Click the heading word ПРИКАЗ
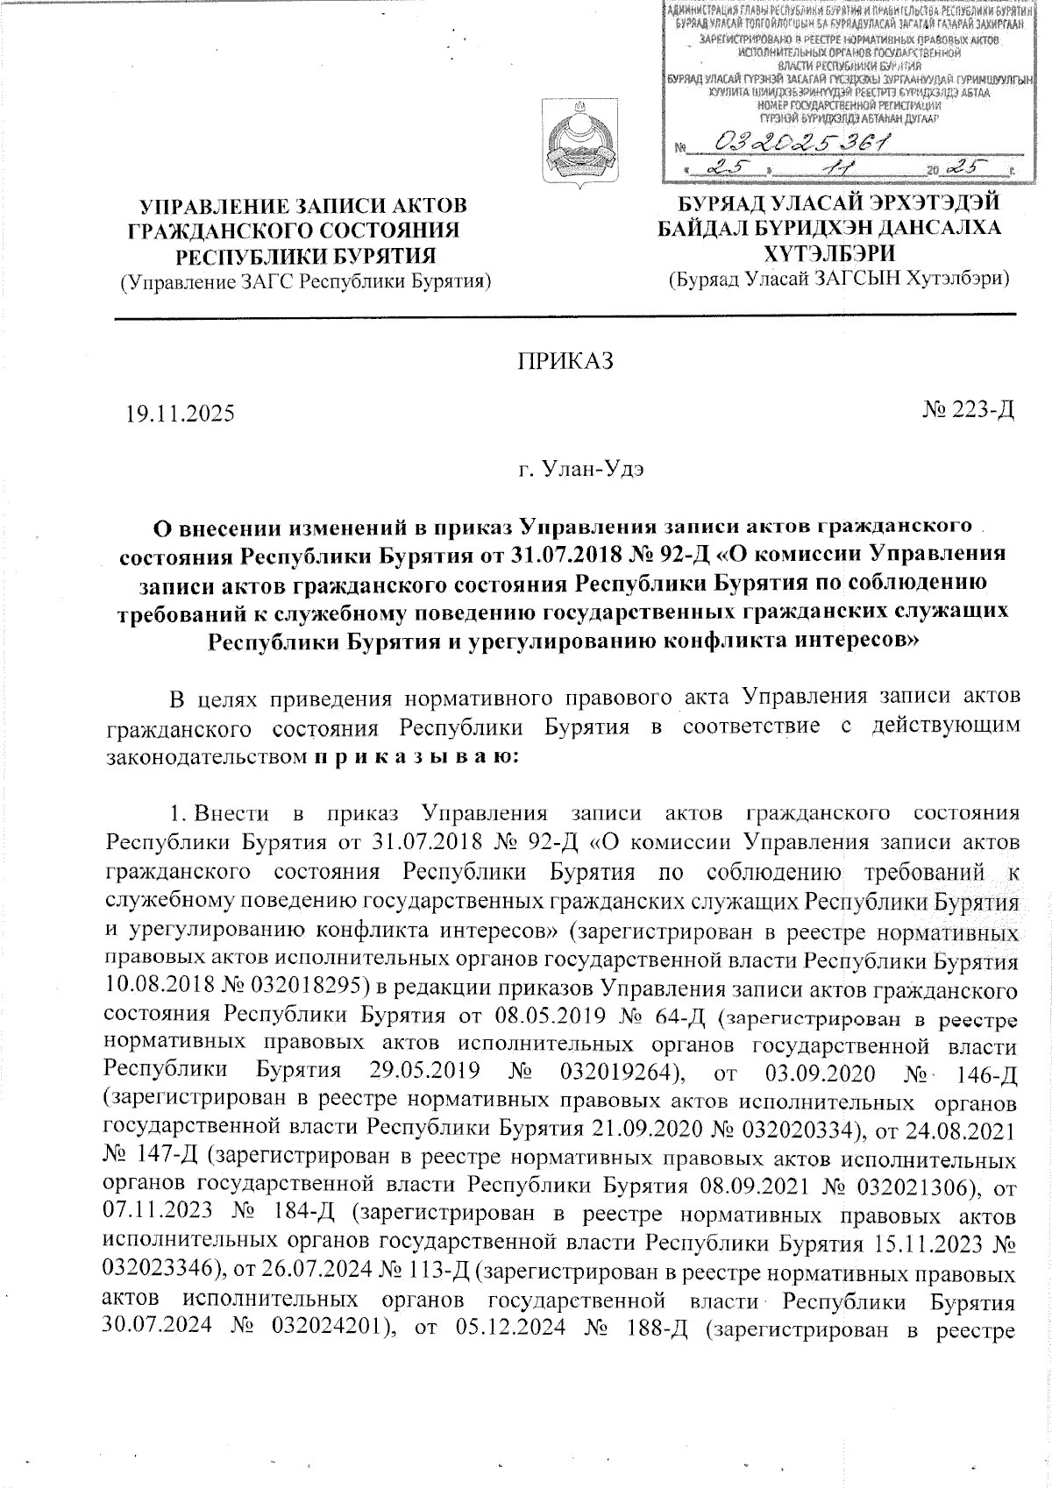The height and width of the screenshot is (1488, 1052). point(563,362)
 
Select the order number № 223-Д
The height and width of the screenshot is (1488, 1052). point(968,409)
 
